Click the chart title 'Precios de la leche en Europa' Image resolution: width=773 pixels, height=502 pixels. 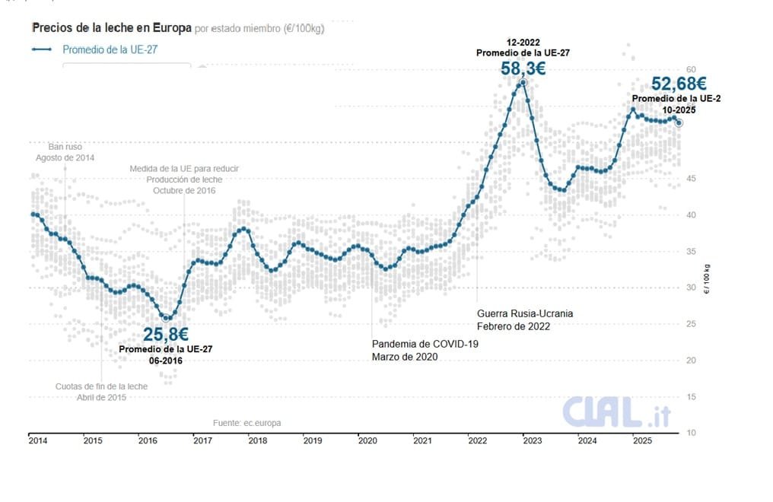click(x=111, y=27)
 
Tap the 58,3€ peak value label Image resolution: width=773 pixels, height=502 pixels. click(x=523, y=68)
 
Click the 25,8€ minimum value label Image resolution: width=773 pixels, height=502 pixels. click(x=166, y=334)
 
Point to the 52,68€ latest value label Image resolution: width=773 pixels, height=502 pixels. click(x=679, y=83)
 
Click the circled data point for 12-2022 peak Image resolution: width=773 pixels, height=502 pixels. click(x=523, y=82)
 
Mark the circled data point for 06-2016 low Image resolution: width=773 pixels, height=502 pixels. click(x=167, y=318)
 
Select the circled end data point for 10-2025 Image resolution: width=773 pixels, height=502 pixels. click(x=679, y=122)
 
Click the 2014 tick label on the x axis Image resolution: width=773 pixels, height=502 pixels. click(x=37, y=440)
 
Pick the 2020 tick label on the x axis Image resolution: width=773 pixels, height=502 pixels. click(x=367, y=440)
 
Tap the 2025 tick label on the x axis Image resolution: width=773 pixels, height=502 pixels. click(x=641, y=440)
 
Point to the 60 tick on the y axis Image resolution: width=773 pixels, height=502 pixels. click(x=691, y=69)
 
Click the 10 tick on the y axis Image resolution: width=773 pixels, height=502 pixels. click(x=691, y=433)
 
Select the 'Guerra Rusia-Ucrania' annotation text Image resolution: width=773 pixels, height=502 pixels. click(x=525, y=313)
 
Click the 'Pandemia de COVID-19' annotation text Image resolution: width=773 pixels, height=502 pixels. click(x=425, y=344)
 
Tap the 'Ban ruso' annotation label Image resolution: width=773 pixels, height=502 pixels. click(x=65, y=146)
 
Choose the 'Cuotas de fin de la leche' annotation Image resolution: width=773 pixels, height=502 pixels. click(x=101, y=386)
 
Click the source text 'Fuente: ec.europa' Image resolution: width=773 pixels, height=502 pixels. click(x=246, y=422)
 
